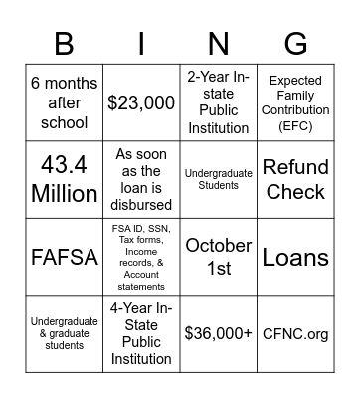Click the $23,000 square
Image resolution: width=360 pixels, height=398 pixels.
pos(141,102)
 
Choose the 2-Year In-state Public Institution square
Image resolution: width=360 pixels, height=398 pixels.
pos(218,102)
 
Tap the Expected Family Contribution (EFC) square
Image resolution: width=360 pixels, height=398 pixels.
pos(294,102)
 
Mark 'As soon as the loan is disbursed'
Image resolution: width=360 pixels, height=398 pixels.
pos(141,179)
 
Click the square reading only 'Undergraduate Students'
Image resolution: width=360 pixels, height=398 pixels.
pos(218,179)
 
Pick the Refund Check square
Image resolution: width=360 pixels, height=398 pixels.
pos(294,179)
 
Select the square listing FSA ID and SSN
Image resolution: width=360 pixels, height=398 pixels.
pos(141,257)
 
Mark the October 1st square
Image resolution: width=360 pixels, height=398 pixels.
pos(218,257)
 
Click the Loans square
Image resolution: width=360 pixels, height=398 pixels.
pos(294,257)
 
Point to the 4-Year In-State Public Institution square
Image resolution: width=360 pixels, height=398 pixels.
pos(141,333)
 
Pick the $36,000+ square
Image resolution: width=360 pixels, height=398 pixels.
pos(218,333)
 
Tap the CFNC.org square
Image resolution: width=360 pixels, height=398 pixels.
pos(294,333)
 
